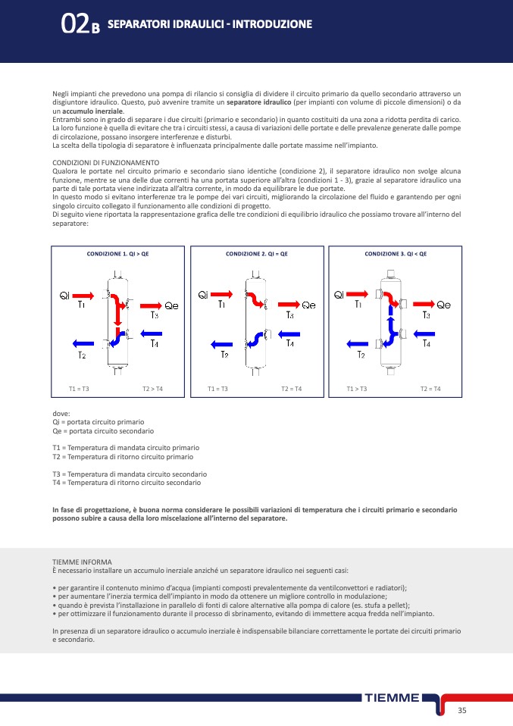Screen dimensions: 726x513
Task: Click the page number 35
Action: [461, 710]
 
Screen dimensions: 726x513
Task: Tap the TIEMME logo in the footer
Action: [392, 698]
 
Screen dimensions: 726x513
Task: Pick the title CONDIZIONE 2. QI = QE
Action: [257, 254]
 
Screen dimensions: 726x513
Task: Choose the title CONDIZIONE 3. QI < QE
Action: [396, 254]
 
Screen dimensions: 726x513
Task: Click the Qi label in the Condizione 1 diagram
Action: [64, 294]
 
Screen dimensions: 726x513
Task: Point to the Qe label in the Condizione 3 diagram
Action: [443, 305]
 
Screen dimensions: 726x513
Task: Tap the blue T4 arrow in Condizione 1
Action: [152, 333]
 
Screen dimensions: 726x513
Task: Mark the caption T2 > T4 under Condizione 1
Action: [152, 389]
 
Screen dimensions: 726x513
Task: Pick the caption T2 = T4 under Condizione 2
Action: [292, 389]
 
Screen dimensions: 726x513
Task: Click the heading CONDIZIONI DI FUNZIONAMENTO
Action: [105, 162]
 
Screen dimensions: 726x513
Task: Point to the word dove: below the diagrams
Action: [61, 413]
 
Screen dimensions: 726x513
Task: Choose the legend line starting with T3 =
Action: [129, 474]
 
